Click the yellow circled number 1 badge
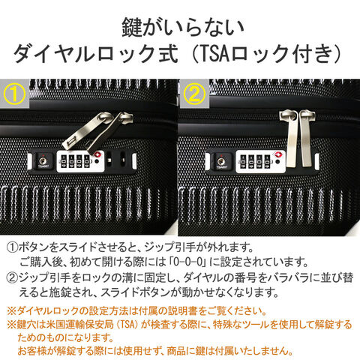pos(14,94)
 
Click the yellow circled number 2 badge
pos(194,94)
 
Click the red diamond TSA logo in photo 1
pos(97,154)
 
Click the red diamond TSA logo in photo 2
pos(278,154)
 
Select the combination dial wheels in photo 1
pos(76,161)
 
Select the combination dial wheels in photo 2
pos(255,162)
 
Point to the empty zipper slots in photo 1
pos(115,159)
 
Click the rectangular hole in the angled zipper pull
pos(71,142)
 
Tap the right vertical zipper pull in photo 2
pos(307,138)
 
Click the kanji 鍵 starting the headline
pos(131,27)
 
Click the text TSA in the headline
pos(215,53)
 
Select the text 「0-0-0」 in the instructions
pos(187,262)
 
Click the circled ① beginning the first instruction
pos(12,247)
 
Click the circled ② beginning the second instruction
pos(12,277)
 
